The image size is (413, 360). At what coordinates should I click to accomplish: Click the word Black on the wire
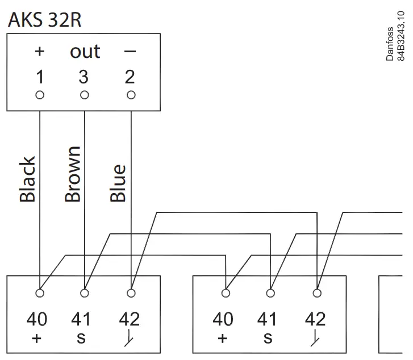[28, 180]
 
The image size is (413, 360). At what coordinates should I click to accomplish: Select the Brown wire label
[73, 174]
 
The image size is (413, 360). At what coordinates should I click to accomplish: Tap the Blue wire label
[118, 183]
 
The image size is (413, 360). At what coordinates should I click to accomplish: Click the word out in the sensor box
[85, 51]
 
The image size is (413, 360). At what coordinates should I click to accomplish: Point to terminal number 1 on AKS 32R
[40, 77]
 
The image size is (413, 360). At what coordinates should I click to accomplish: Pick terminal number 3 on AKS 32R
[85, 77]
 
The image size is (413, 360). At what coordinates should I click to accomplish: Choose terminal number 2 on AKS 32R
[130, 77]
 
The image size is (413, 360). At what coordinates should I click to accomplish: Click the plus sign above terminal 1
[40, 52]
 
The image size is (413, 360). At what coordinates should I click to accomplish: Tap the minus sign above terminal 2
[130, 52]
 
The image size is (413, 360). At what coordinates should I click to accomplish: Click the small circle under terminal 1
[40, 95]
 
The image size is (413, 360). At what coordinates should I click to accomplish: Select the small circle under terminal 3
[85, 95]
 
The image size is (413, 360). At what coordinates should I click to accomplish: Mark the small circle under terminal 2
[131, 95]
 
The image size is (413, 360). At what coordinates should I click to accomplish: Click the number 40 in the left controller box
[37, 319]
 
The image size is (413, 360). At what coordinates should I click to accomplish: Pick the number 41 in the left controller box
[83, 319]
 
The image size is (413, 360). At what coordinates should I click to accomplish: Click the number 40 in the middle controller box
[223, 319]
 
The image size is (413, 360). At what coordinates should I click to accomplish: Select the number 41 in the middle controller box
[269, 319]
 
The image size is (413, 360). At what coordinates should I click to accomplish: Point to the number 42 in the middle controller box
[315, 319]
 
